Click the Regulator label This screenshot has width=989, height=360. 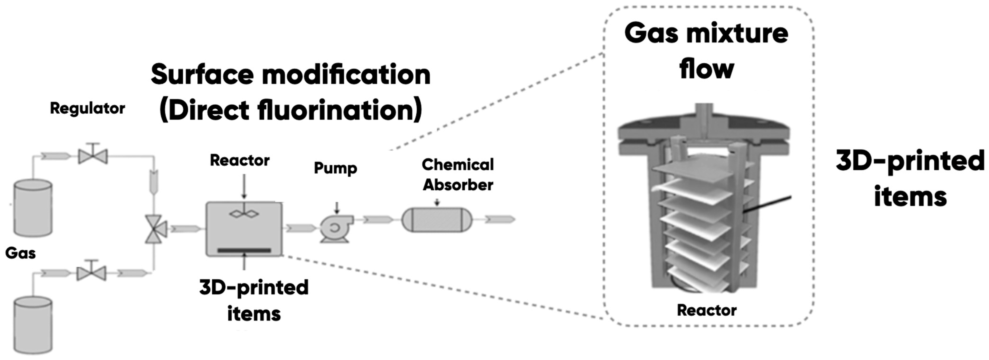pos(88,109)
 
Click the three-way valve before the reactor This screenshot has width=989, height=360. pos(155,229)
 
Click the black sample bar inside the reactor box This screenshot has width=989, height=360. pos(244,250)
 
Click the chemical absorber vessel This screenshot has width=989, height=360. pos(437,220)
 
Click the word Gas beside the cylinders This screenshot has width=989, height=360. pos(20,253)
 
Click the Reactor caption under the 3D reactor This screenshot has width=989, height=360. pos(706,310)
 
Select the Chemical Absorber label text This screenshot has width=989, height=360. pos(458,175)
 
